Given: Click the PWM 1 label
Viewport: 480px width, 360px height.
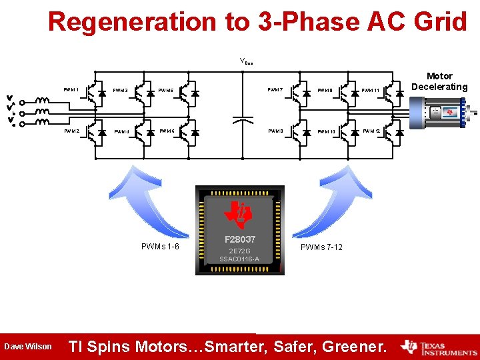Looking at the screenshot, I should [x=71, y=89].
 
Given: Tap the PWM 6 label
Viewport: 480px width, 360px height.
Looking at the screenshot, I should [x=167, y=131].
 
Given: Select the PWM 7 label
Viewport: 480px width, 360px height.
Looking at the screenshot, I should [x=275, y=89].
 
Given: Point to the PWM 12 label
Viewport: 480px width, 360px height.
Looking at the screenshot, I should [x=371, y=131].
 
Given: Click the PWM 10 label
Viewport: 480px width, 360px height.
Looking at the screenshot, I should [x=325, y=132].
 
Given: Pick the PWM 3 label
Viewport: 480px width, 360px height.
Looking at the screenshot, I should [x=121, y=90].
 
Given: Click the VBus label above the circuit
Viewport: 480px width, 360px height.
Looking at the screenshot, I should [x=246, y=62].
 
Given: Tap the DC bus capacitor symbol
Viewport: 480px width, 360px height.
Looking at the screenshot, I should [x=242, y=120].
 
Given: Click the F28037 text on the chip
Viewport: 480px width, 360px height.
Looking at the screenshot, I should [x=239, y=239].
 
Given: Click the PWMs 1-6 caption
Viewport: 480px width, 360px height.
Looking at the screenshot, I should [x=160, y=247].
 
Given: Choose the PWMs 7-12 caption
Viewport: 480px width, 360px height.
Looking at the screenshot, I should [x=321, y=247].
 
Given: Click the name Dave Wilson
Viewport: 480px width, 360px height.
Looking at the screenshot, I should [x=27, y=347].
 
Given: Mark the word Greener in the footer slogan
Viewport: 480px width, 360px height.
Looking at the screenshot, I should [x=352, y=347].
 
